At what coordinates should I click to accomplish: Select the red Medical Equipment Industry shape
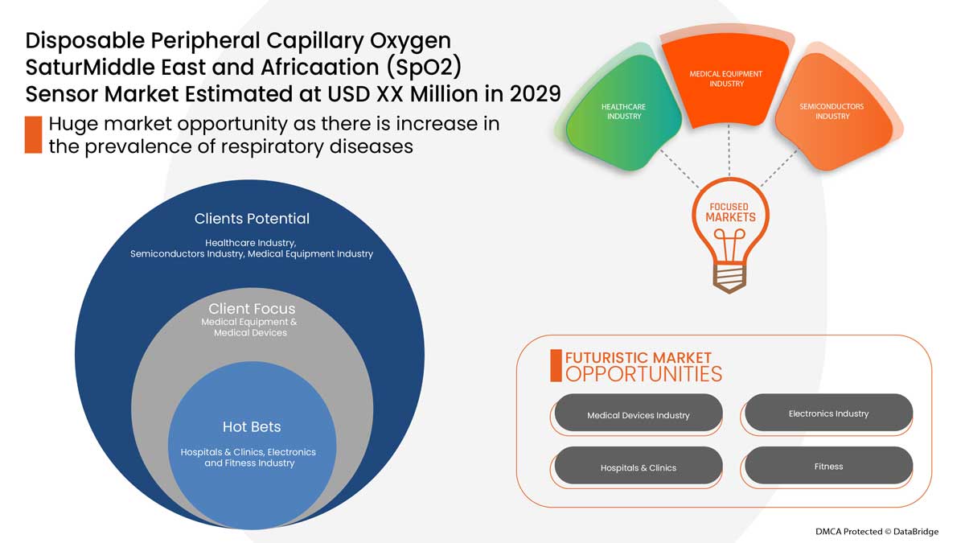pos(726,79)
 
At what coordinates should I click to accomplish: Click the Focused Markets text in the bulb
pos(730,212)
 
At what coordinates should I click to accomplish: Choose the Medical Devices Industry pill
pos(638,415)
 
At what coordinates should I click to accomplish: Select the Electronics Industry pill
pos(828,413)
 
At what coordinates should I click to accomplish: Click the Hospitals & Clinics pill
pos(638,467)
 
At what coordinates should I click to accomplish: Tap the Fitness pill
pos(828,466)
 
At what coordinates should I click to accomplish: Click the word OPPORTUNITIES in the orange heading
pos(643,374)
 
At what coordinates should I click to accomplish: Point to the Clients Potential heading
pos(252,219)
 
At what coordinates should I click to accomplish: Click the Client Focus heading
pos(252,309)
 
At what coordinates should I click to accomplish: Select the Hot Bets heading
pos(252,426)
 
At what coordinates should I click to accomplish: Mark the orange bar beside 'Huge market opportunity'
pos(33,134)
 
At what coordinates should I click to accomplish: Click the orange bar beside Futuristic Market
pos(556,366)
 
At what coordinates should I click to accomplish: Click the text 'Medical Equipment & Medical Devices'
pos(250,327)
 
